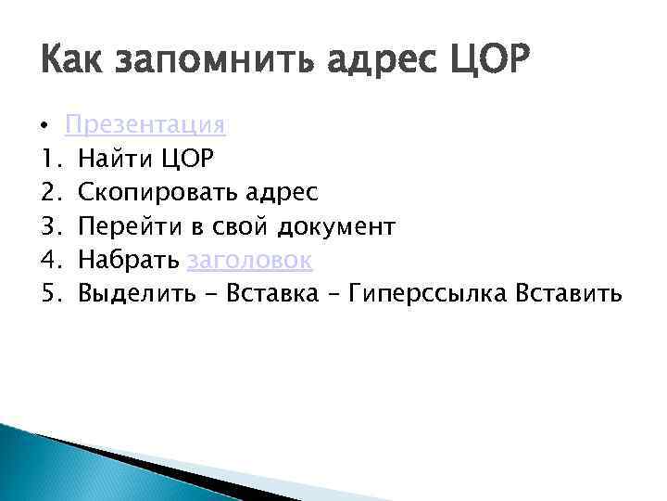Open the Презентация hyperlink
click(x=145, y=124)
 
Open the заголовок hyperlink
click(x=249, y=261)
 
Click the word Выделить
click(x=136, y=294)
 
